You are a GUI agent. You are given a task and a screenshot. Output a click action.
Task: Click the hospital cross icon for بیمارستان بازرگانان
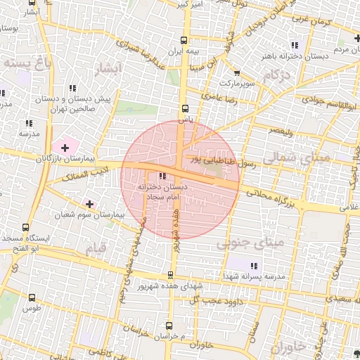65,148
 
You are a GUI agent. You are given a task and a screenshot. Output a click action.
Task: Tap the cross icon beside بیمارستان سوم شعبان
89,204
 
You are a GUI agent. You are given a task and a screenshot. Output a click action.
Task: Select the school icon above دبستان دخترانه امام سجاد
163,176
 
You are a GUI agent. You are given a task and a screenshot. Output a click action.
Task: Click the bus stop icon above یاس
186,109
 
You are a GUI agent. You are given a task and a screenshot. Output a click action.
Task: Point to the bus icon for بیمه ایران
184,41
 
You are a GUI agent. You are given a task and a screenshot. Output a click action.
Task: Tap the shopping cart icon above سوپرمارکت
237,72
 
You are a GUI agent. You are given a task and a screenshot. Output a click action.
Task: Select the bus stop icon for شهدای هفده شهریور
170,276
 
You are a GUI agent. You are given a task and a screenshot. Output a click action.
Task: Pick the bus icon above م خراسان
169,326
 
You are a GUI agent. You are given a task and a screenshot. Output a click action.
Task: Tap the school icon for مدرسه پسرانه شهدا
253,266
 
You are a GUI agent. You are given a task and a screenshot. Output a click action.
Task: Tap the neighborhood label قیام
96,248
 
